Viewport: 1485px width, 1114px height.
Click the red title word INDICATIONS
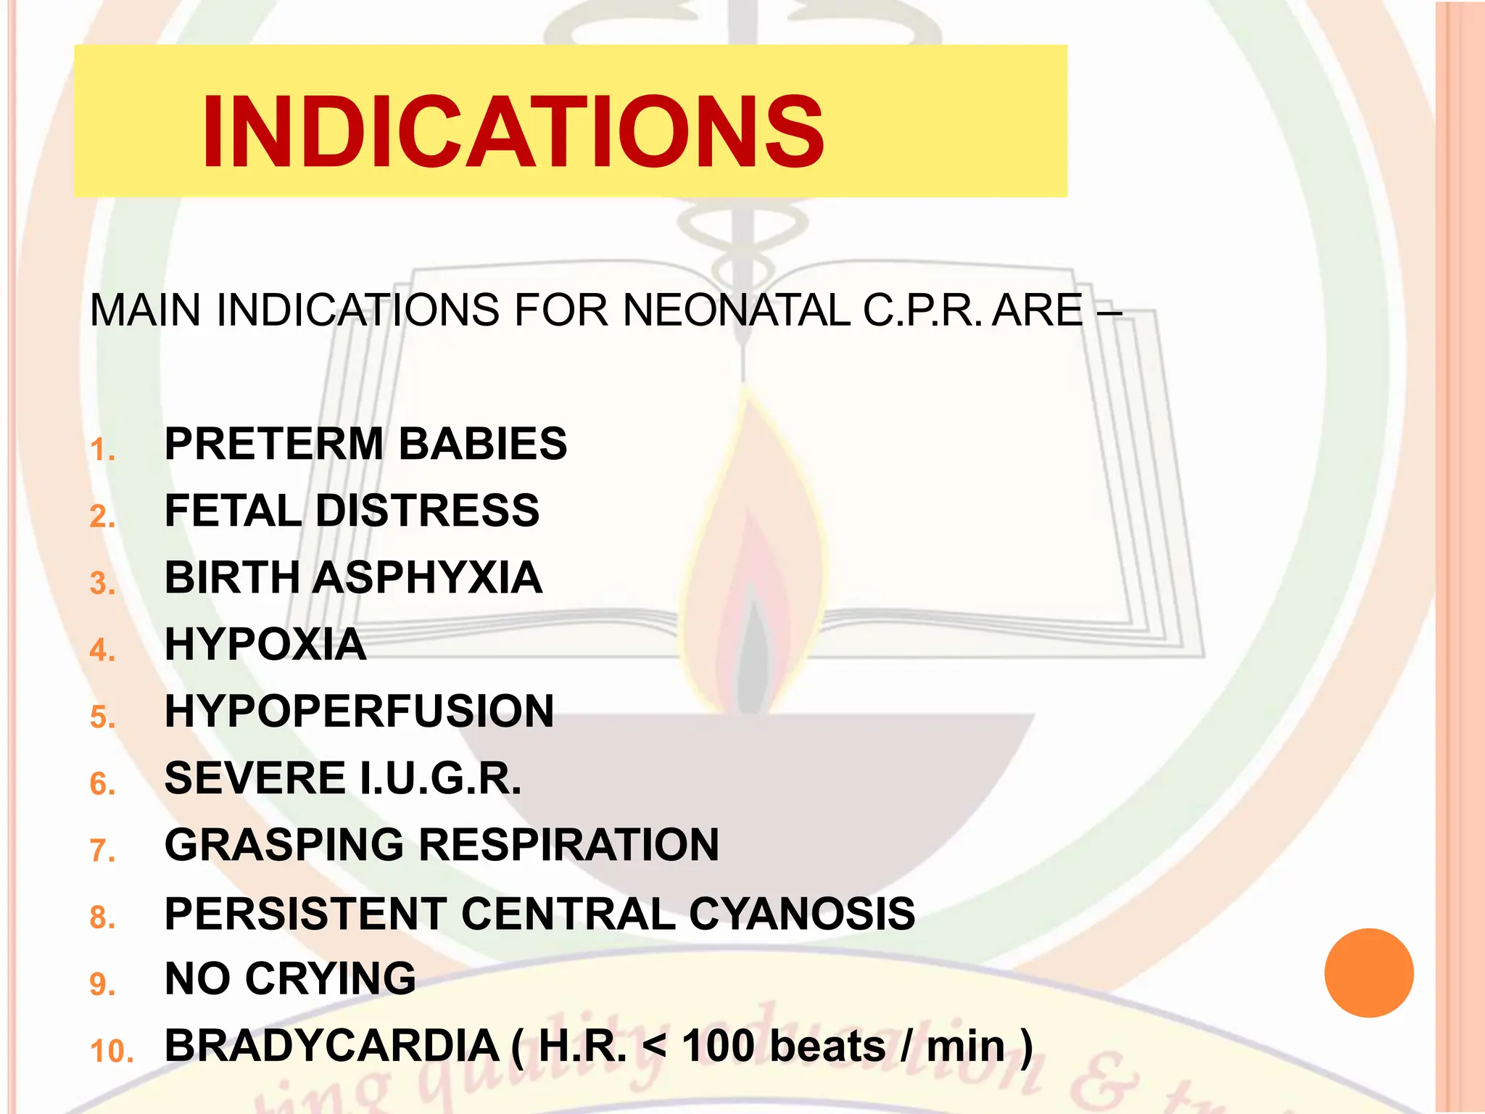click(513, 132)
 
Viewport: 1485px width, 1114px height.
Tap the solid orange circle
click(1368, 973)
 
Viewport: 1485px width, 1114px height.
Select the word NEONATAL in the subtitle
click(736, 310)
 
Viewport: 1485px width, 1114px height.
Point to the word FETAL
click(233, 510)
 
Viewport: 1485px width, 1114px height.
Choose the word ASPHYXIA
click(429, 577)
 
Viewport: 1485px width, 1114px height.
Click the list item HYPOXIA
click(265, 644)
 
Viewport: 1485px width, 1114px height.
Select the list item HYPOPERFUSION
click(359, 711)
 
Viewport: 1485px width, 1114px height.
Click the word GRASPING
click(284, 845)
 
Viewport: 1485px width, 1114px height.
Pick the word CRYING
click(331, 978)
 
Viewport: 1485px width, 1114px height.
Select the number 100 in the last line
click(719, 1046)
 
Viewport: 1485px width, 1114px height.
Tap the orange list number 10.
click(112, 1052)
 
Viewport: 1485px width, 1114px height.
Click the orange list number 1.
click(102, 450)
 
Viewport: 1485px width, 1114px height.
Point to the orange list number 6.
click(102, 784)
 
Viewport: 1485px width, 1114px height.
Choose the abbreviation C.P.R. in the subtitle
click(922, 310)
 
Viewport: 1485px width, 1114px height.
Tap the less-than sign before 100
click(654, 1046)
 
